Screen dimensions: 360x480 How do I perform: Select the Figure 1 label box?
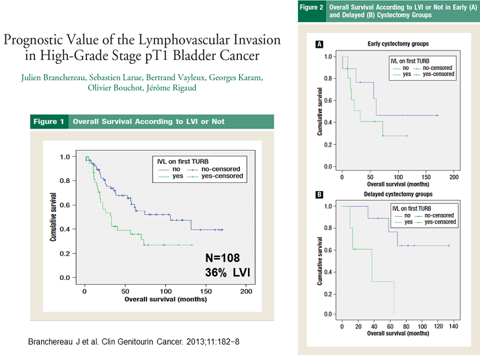coord(48,122)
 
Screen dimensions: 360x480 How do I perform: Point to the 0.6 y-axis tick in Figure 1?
coord(65,205)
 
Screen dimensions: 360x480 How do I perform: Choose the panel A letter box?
coord(319,44)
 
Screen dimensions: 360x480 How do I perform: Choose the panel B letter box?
coord(319,196)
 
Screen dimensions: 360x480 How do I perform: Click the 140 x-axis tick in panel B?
coord(453,326)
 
